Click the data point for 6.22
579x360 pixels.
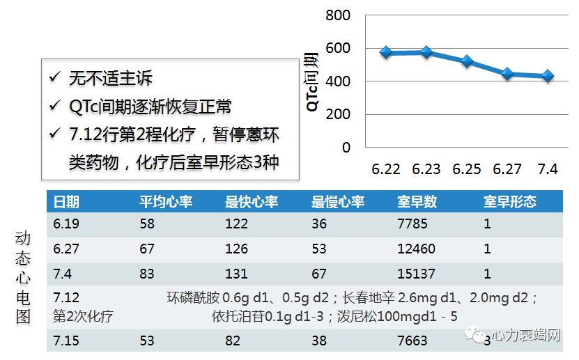[x=386, y=52]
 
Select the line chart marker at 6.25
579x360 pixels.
[x=467, y=61]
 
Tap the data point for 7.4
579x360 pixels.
[x=548, y=76]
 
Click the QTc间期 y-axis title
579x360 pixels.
[x=313, y=81]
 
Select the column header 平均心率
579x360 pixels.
[x=166, y=202]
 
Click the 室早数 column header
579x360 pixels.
[x=417, y=202]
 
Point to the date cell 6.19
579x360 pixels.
[x=67, y=224]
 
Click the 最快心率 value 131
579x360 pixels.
[x=237, y=274]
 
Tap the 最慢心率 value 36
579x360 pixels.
[x=319, y=224]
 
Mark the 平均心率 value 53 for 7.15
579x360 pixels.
[x=147, y=341]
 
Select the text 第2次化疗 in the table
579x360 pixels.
[x=83, y=316]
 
